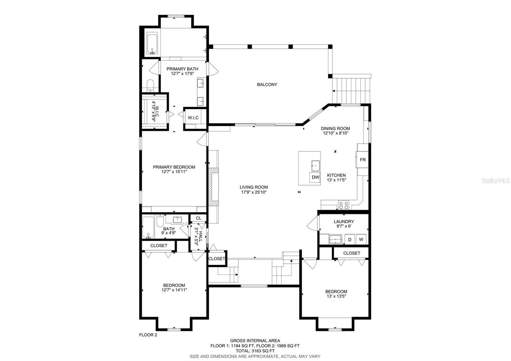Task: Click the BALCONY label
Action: (267, 84)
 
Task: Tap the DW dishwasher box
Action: (315, 177)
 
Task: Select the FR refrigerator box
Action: (362, 160)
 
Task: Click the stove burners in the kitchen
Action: (344, 205)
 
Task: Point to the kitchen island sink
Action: (316, 166)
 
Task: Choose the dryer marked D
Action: (349, 240)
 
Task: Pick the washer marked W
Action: (361, 239)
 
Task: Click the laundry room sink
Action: (335, 239)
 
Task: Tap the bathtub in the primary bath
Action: (152, 43)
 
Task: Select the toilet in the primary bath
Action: (150, 86)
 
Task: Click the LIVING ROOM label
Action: (254, 187)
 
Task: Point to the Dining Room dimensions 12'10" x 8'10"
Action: (335, 133)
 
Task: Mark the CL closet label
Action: (198, 218)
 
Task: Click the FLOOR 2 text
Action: (148, 335)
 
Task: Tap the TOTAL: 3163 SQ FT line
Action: (255, 351)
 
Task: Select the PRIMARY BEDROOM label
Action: (174, 167)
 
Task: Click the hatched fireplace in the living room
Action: (214, 187)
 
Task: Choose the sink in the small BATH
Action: (177, 220)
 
